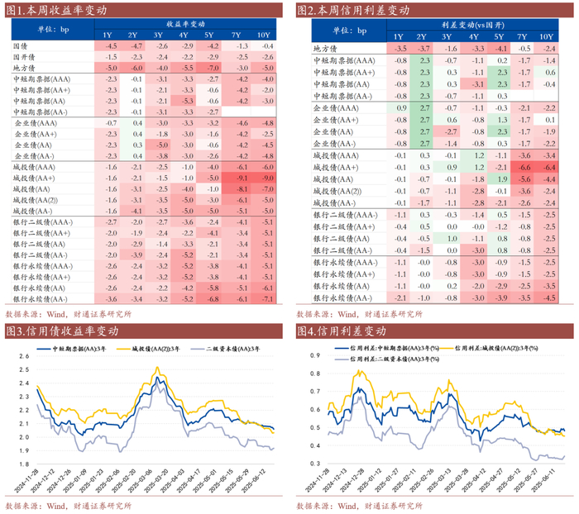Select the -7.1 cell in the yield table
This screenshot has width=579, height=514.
pyautogui.click(x=266, y=297)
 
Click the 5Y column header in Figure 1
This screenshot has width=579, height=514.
pyautogui.click(x=213, y=34)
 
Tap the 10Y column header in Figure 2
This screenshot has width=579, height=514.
pyautogui.click(x=547, y=37)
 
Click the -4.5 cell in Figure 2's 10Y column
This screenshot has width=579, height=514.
pyautogui.click(x=547, y=297)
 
